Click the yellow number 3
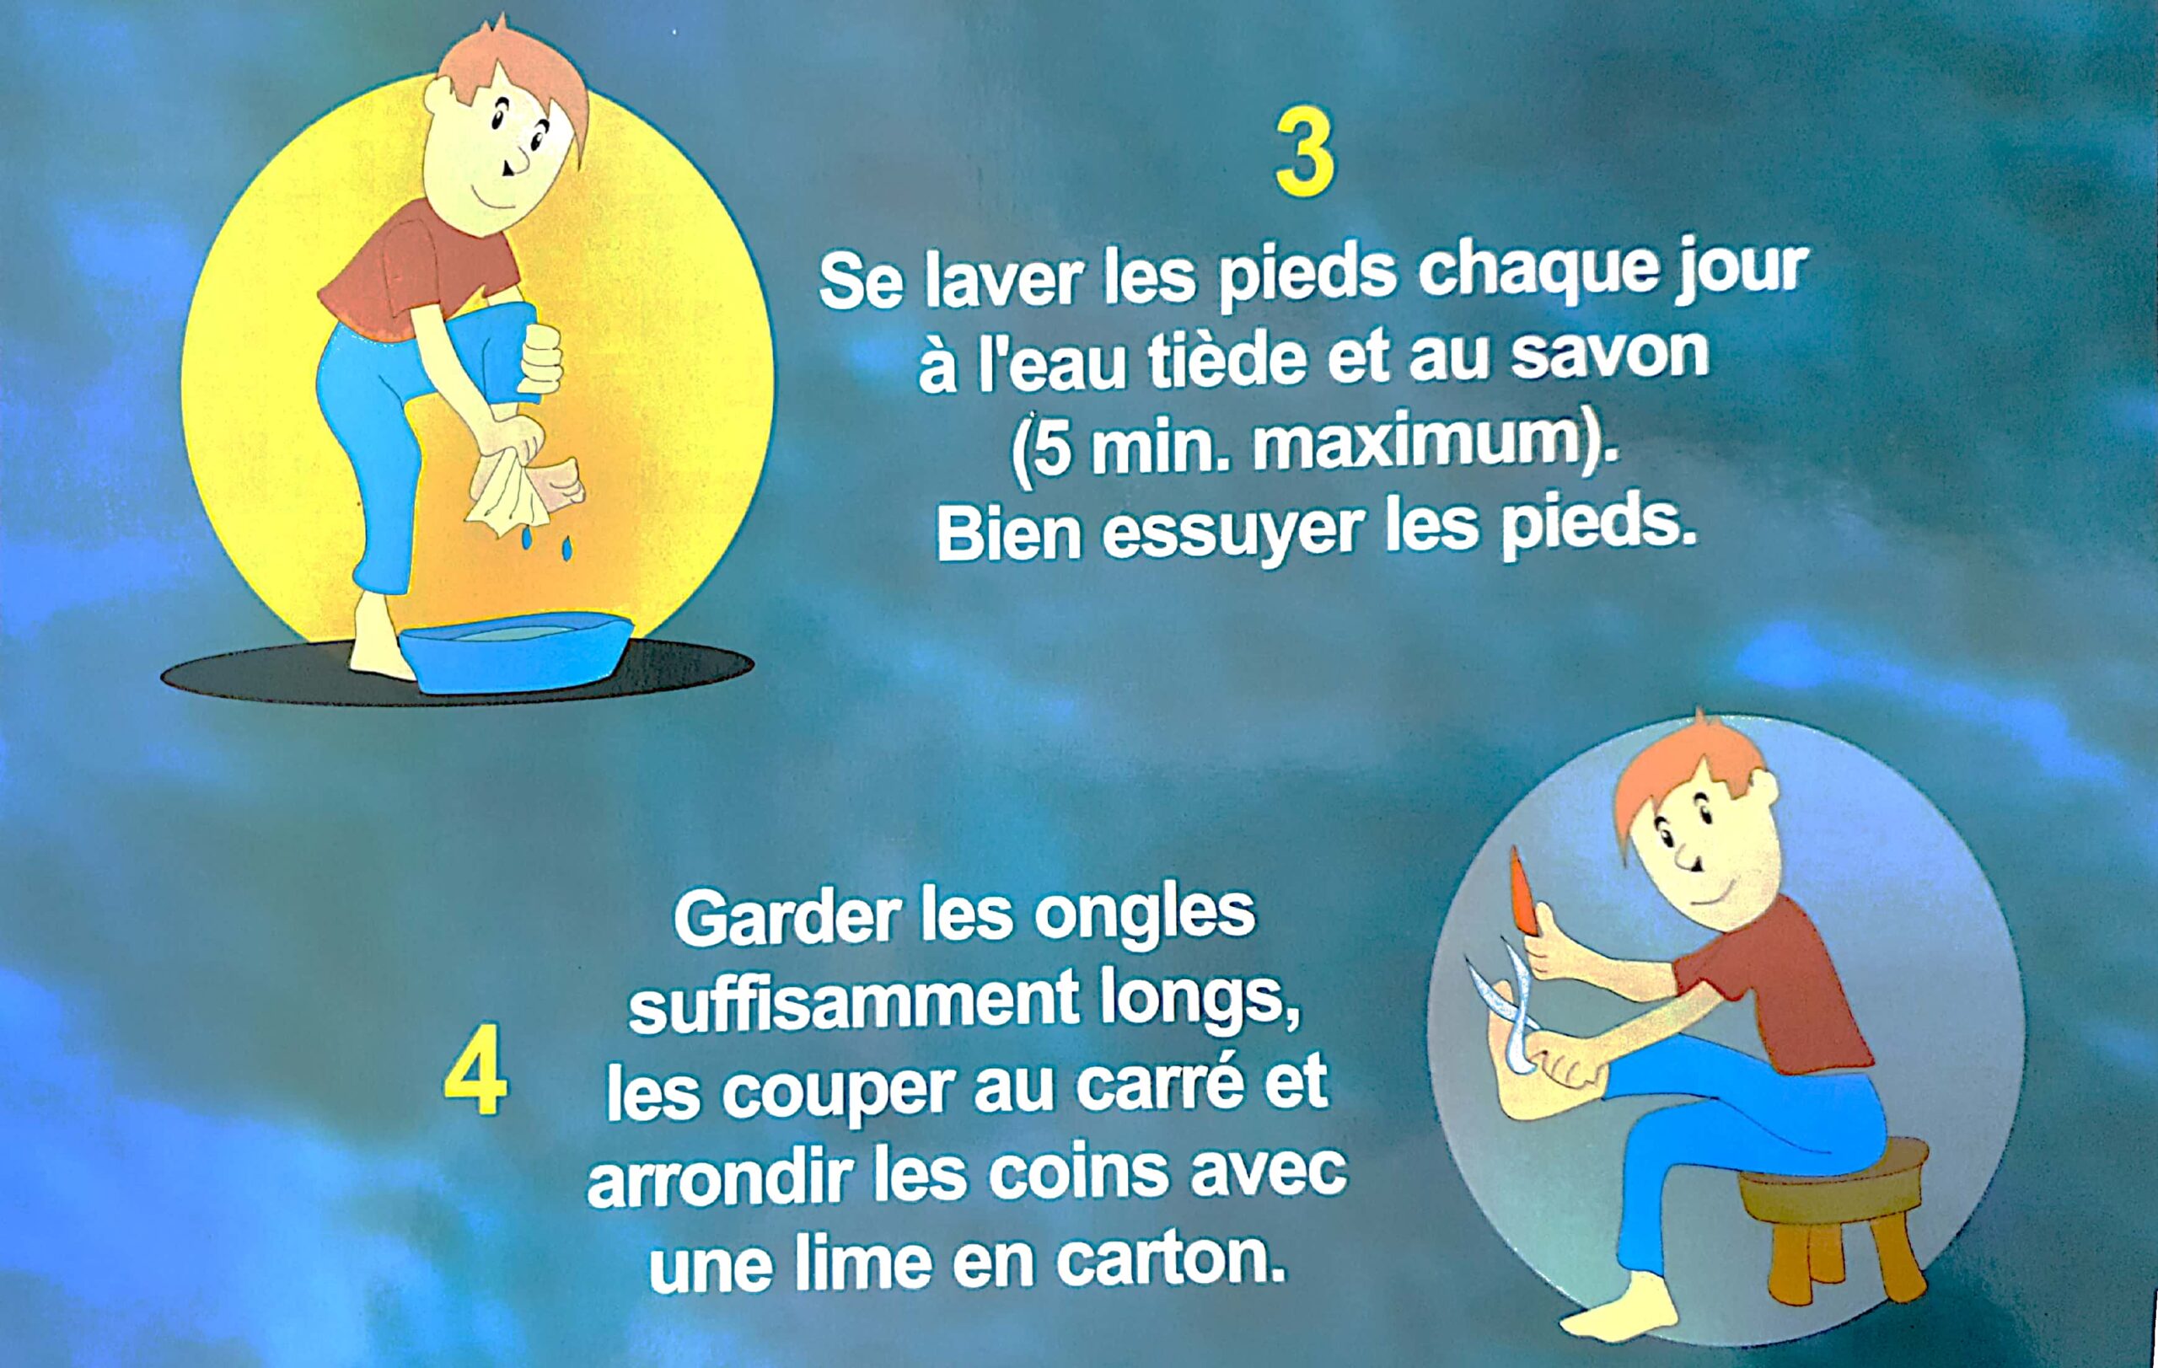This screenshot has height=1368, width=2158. (x=1305, y=165)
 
